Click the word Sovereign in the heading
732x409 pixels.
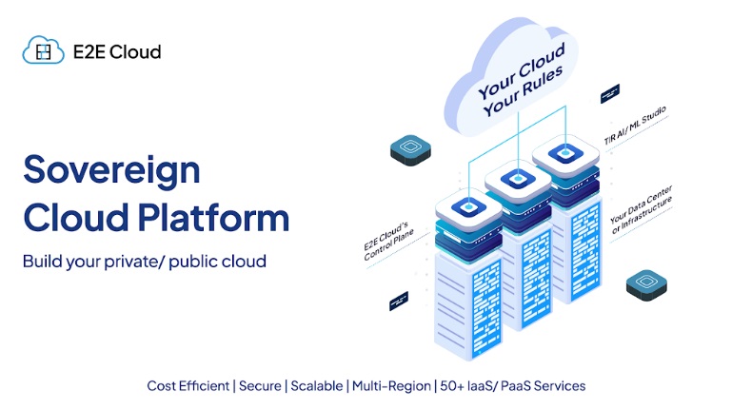[111, 170]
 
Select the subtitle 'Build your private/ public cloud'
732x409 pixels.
[145, 260]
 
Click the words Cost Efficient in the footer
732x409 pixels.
[188, 386]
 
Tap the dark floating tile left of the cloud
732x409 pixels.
[411, 148]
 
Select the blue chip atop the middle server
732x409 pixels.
[518, 179]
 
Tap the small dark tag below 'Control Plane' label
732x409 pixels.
[399, 302]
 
